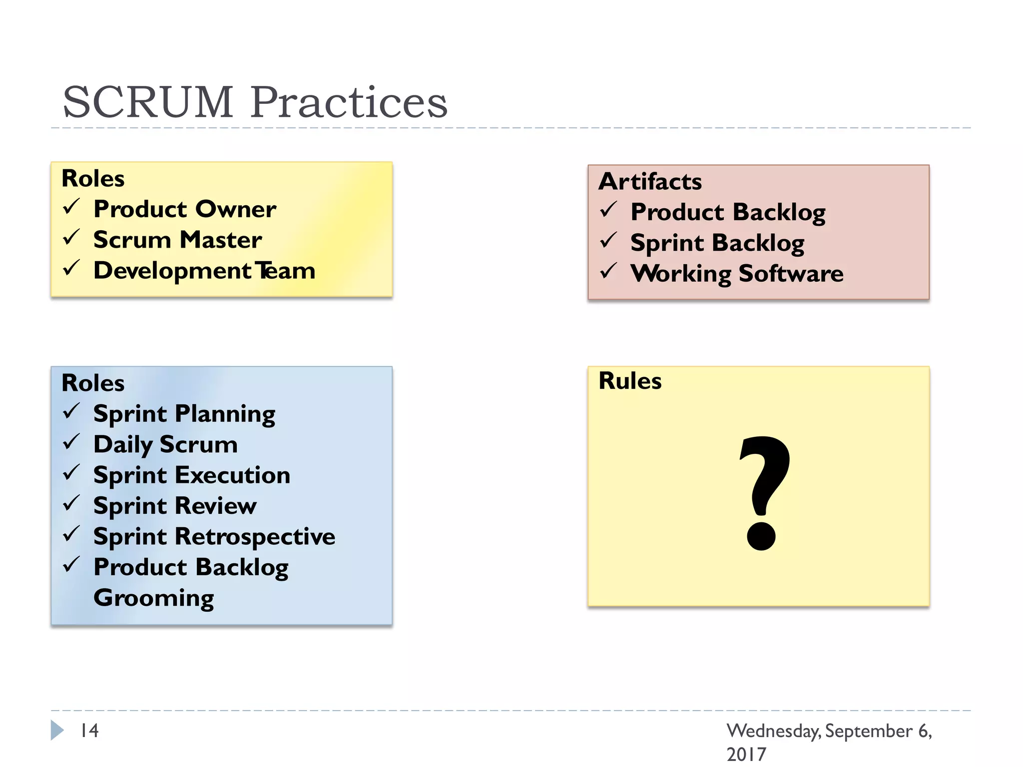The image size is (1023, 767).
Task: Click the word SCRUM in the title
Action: [x=148, y=102]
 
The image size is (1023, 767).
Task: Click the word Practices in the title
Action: [x=349, y=102]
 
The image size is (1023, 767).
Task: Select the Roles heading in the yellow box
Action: [x=93, y=179]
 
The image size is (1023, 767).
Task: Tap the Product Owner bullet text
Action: [x=185, y=209]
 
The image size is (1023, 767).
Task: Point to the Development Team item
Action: [x=204, y=271]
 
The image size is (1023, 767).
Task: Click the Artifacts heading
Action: [x=650, y=181]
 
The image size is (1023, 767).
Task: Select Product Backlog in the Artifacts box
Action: [x=728, y=212]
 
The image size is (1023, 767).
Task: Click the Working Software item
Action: [x=737, y=274]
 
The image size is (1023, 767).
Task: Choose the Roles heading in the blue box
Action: [x=93, y=383]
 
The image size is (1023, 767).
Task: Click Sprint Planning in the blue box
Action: [x=184, y=414]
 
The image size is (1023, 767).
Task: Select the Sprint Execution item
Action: [x=192, y=475]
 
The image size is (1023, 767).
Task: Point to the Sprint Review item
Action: [x=175, y=506]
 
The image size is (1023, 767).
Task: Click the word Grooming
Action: [x=154, y=598]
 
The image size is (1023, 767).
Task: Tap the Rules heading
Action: [x=630, y=381]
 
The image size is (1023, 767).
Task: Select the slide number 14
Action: [x=90, y=731]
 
